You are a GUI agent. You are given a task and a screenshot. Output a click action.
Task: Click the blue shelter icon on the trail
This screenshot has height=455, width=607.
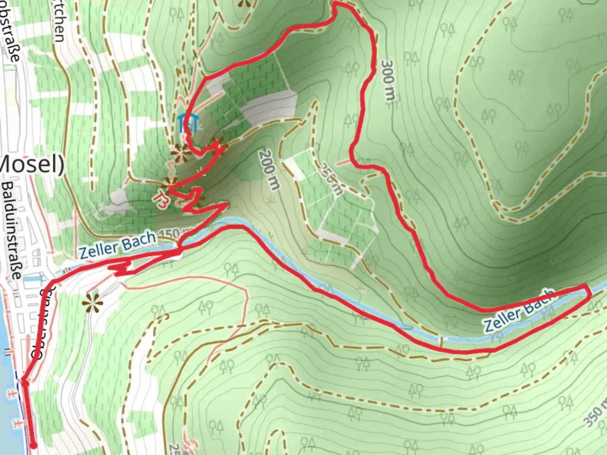(x=188, y=123)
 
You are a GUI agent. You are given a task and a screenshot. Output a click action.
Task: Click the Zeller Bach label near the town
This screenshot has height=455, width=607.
(x=117, y=246)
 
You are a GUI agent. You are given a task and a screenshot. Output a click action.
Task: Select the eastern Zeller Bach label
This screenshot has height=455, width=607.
(x=519, y=310)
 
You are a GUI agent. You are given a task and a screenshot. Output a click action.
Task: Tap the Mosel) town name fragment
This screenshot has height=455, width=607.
(x=32, y=165)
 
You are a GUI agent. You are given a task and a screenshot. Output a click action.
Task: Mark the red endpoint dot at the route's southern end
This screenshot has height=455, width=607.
(x=33, y=444)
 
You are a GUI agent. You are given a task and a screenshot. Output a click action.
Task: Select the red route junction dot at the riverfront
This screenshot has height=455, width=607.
(x=25, y=383)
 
